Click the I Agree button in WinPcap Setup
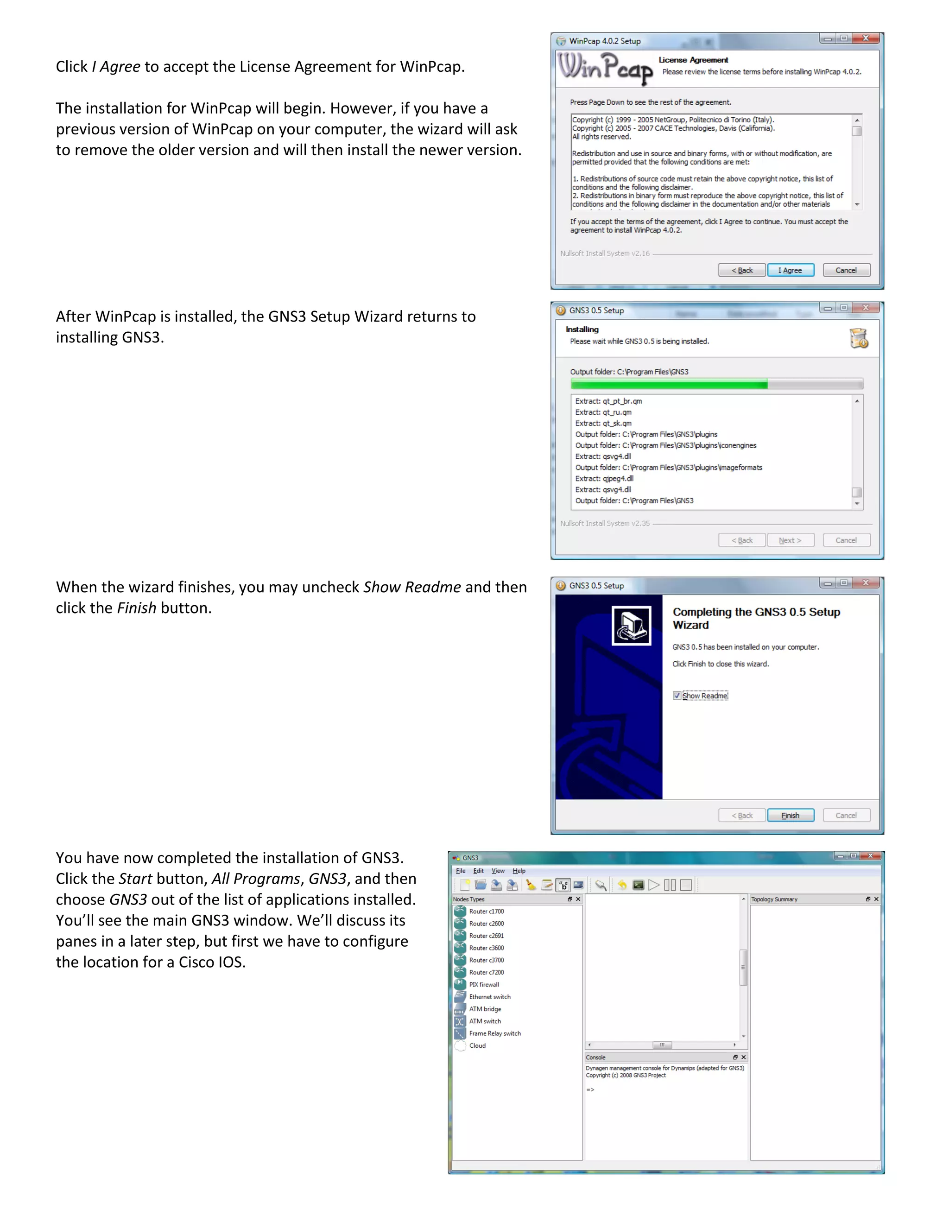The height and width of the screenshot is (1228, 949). click(790, 271)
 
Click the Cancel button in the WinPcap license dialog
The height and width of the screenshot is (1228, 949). click(846, 271)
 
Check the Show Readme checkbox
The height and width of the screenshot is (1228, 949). click(677, 696)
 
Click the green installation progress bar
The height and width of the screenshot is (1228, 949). click(669, 385)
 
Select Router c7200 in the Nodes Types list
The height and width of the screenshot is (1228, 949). click(486, 972)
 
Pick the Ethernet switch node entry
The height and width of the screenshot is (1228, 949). click(490, 997)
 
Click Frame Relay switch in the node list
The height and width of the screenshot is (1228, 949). click(495, 1033)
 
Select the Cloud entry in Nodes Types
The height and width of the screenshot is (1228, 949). click(477, 1046)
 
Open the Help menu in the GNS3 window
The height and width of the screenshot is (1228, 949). click(519, 871)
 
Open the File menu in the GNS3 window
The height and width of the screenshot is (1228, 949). click(461, 871)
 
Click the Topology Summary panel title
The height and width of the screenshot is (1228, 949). click(774, 899)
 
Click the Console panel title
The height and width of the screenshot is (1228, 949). click(595, 1057)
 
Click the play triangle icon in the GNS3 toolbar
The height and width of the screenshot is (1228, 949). click(653, 885)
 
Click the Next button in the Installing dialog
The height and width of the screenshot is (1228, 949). click(790, 540)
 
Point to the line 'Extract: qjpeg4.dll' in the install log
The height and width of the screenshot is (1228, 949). click(604, 479)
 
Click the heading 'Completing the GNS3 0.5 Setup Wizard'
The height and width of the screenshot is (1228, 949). click(756, 618)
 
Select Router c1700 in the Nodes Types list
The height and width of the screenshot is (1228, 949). click(486, 912)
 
